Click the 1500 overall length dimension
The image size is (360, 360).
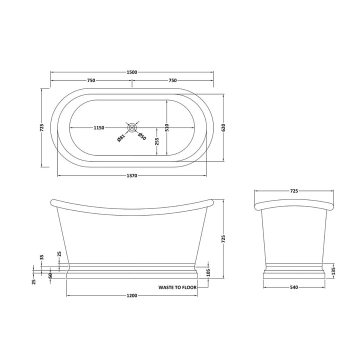(132, 72)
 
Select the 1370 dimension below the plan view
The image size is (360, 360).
(132, 175)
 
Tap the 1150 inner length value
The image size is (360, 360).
(98, 128)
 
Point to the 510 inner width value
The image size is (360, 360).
(167, 127)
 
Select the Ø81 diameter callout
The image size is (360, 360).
(121, 139)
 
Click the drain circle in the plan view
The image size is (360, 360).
(132, 127)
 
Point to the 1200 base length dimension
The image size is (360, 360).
(132, 296)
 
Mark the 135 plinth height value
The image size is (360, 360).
(333, 270)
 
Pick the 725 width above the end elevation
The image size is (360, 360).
(294, 191)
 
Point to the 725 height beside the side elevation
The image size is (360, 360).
(223, 239)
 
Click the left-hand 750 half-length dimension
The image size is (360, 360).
(91, 80)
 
